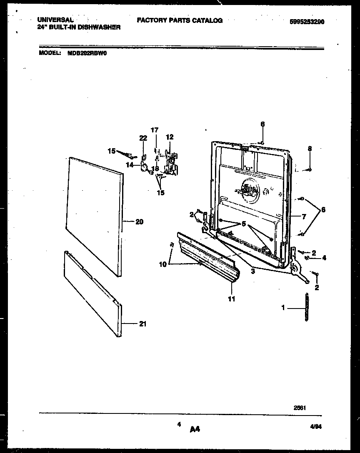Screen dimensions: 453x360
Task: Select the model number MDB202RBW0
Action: (87, 54)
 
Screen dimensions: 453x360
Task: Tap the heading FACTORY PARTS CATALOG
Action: (180, 20)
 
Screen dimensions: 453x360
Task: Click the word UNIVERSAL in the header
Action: (55, 20)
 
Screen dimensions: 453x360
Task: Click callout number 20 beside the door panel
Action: (139, 222)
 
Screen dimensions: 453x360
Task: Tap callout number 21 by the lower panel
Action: (142, 324)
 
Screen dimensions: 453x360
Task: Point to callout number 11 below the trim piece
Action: (231, 299)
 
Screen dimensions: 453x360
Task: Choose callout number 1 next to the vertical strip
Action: (283, 308)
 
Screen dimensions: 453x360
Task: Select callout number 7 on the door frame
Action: (304, 217)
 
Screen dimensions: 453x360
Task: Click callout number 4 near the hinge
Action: (324, 258)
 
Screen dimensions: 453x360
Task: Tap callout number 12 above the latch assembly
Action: (170, 137)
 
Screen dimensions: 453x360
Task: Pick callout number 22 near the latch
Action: (142, 138)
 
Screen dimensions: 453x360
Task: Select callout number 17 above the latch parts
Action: (155, 130)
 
